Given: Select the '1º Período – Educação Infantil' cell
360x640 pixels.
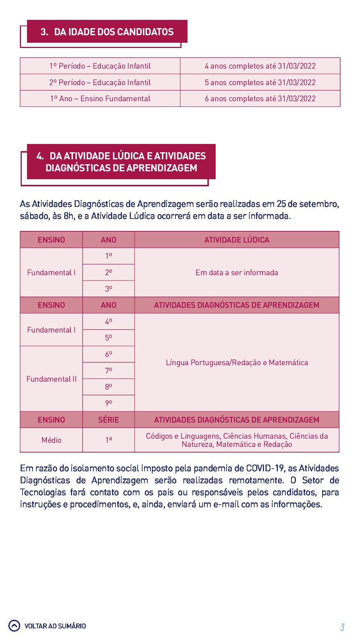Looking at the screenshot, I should [100, 66].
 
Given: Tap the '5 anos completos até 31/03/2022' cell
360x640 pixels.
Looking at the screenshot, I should [260, 82].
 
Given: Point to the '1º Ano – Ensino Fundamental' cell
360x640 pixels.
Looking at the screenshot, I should [100, 99].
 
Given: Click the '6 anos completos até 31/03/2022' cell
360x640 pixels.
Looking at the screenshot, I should [260, 99].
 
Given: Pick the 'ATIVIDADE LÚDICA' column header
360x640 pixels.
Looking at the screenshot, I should [237, 240].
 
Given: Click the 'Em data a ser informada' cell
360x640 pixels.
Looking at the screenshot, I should [237, 273].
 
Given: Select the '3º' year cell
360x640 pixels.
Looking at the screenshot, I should [108, 289].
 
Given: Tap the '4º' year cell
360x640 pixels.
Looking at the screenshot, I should [108, 322].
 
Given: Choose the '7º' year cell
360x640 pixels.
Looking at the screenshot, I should [108, 371].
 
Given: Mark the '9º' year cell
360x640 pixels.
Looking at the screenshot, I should [108, 403].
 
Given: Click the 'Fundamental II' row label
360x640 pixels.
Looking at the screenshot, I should [51, 379].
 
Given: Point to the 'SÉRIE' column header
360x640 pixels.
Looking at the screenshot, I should [108, 420].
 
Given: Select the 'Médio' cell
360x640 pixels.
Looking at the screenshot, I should [51, 440].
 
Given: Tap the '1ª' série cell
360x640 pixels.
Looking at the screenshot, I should [108, 440].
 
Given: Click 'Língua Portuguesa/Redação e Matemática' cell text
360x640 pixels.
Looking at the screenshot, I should [237, 363].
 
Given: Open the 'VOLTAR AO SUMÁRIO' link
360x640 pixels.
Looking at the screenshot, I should [55, 626].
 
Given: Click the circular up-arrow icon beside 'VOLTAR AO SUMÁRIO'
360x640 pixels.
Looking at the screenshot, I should [14, 626].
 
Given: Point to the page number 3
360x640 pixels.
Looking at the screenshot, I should [342, 627].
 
